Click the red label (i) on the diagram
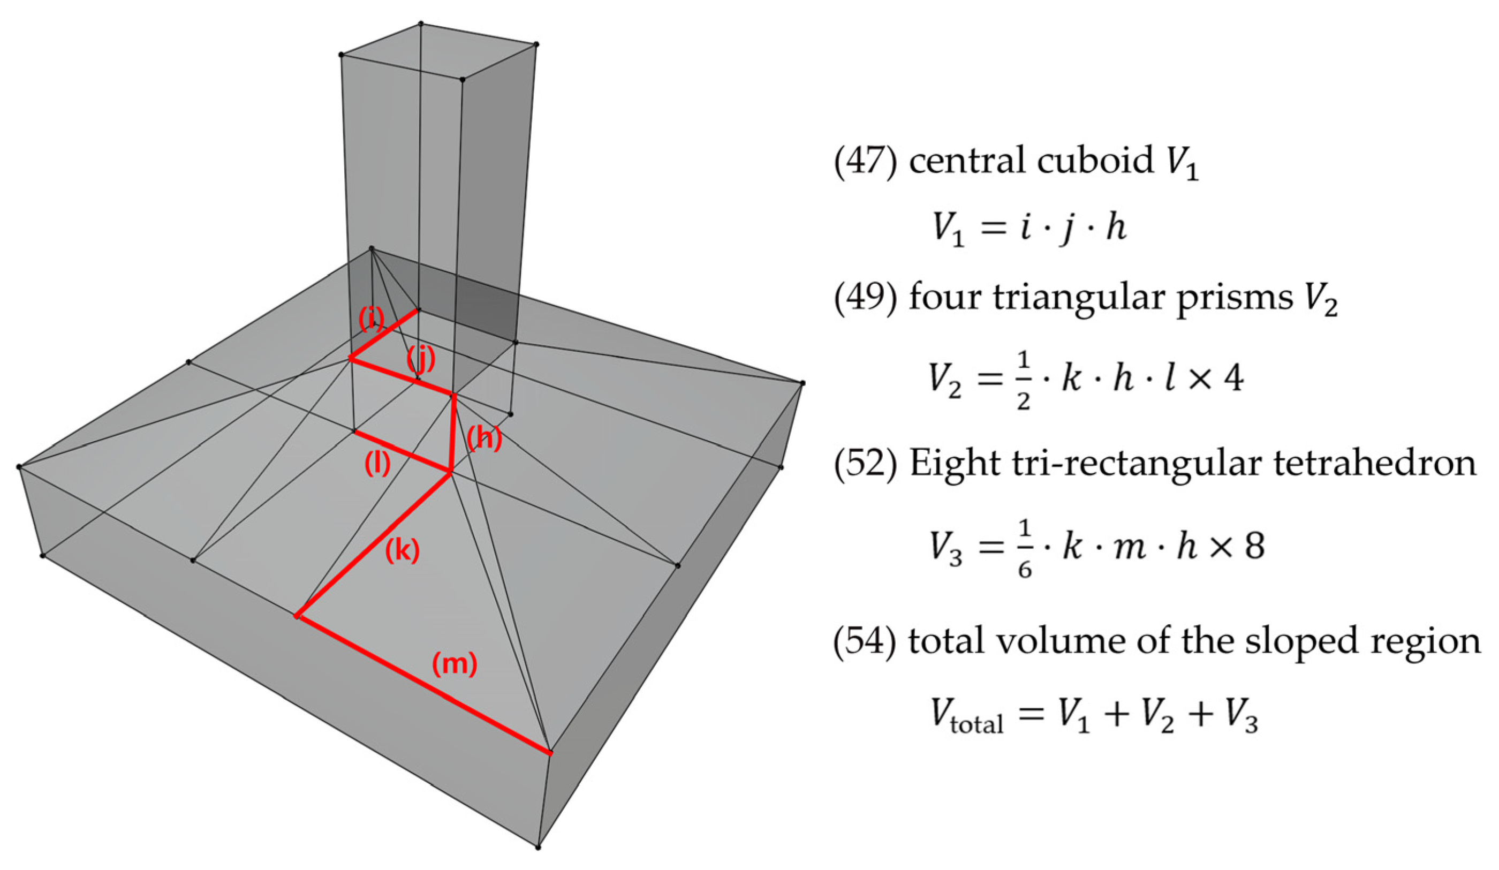click(371, 320)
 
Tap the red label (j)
click(421, 359)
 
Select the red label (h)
click(484, 438)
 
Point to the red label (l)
click(377, 464)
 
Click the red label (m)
click(455, 663)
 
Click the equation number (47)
click(865, 161)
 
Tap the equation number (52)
click(865, 464)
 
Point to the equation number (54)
click(865, 641)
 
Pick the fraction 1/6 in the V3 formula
click(1024, 548)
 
